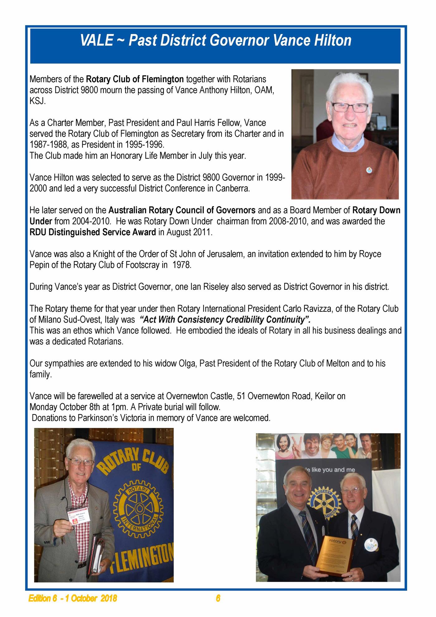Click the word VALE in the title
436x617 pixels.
click(96, 41)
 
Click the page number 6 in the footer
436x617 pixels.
click(218, 598)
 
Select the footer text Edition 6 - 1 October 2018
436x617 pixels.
click(73, 598)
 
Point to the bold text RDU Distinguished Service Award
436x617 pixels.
click(93, 232)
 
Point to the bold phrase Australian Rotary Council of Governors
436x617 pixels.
click(182, 210)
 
